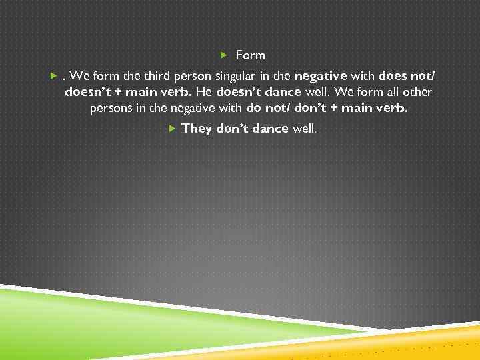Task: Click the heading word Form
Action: click(x=250, y=55)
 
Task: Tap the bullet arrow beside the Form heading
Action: click(x=224, y=55)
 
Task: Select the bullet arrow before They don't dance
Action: click(x=171, y=127)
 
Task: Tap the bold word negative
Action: click(x=321, y=74)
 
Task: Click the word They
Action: click(x=196, y=128)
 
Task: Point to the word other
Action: click(x=417, y=92)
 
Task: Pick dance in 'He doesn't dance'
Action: click(x=281, y=92)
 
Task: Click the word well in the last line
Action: click(x=305, y=128)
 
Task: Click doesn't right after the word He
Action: click(x=237, y=92)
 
